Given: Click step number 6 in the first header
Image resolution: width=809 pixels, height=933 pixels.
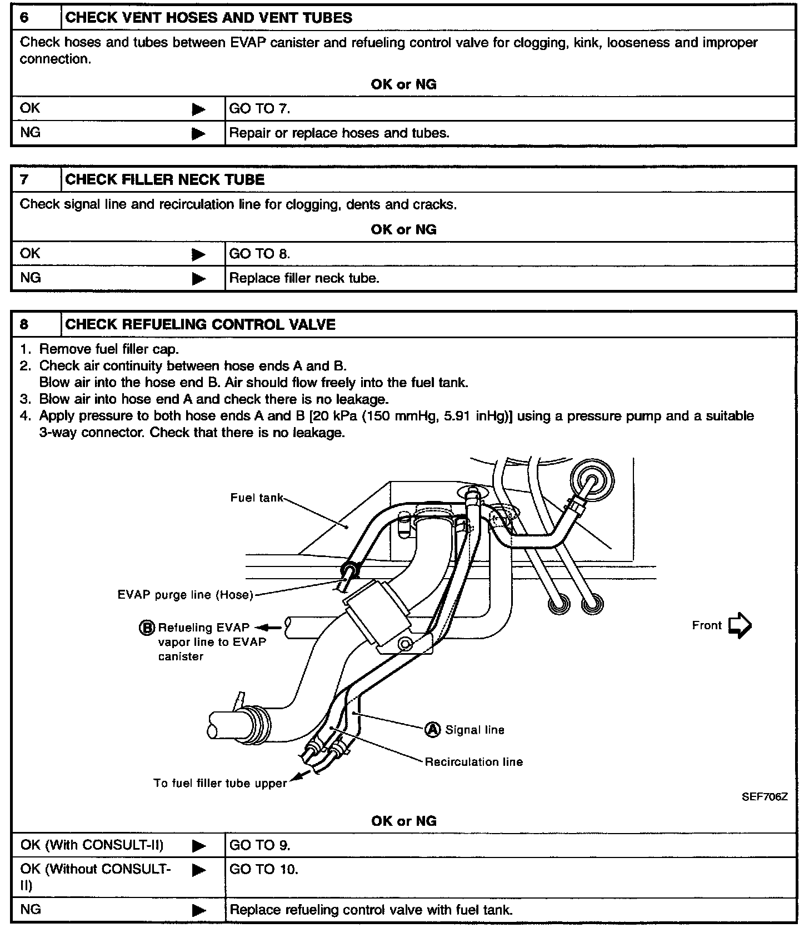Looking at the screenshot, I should tap(24, 17).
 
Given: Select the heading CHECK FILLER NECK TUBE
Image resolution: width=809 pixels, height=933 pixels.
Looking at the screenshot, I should tap(165, 179).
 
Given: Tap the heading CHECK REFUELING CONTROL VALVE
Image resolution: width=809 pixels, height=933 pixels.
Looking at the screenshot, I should tap(200, 324).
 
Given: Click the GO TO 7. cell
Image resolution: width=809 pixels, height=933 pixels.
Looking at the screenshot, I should tap(259, 108).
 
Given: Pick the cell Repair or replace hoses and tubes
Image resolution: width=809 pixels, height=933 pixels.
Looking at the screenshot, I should tap(339, 133).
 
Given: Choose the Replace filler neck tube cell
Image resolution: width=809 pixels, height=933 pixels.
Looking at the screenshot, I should tap(304, 278).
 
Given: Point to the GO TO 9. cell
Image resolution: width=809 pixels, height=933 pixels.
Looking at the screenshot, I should tap(259, 845).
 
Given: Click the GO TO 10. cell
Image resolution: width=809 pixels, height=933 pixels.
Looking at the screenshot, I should tap(263, 869).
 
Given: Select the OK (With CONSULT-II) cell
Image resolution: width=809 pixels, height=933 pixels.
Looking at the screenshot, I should tap(92, 845).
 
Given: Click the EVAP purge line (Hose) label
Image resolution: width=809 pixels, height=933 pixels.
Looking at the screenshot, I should tap(185, 595).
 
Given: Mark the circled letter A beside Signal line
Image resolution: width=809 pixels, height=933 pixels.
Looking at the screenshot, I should tap(432, 729).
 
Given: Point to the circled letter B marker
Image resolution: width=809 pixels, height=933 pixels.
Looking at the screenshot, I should tap(147, 628).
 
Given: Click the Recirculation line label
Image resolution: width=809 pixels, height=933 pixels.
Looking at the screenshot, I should tap(473, 761).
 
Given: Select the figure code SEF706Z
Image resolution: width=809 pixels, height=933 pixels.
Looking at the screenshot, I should tap(765, 796).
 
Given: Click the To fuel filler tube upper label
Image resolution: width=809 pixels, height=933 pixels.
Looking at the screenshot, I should tap(220, 783).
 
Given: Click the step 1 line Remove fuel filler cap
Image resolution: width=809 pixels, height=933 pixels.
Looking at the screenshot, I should tap(109, 349).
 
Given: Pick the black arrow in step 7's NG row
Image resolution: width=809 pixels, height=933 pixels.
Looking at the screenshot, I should tap(198, 278).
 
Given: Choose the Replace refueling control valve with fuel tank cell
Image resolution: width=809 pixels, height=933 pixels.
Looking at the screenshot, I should tap(371, 910).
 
